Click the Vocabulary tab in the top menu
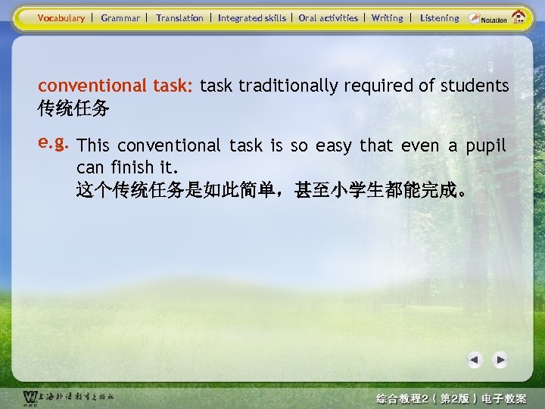point(61,17)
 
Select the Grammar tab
point(120,17)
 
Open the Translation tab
point(179,17)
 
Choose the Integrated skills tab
point(252,17)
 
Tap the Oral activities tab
point(328,17)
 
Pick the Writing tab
point(388,17)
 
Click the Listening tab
point(439,17)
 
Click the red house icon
point(520,17)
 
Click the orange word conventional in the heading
point(91,86)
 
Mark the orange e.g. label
point(54,142)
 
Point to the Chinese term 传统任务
point(73,110)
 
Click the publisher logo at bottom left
point(68,397)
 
